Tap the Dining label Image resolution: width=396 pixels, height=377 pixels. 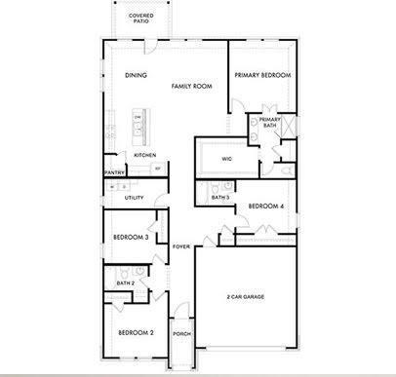coord(135,75)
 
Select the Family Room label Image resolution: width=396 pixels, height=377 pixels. coord(191,87)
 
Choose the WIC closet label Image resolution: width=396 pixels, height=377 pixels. coord(226,158)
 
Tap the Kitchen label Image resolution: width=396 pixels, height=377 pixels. coord(144,155)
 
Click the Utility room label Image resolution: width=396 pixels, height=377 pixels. coord(134,198)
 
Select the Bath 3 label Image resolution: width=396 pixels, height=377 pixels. coord(219,198)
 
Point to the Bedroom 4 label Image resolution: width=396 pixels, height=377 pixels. coord(265,206)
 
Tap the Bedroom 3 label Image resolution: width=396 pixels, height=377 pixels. coord(130,237)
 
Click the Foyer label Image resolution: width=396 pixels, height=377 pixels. coord(180,246)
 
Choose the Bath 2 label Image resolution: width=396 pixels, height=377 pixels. coord(125,283)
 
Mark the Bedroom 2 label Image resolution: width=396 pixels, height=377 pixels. coord(136,332)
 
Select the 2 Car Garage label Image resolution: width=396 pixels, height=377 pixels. coord(247,296)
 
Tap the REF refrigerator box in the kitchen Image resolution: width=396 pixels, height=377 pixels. coord(158,169)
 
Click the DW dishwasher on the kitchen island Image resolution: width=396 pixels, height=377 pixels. coord(138,119)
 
